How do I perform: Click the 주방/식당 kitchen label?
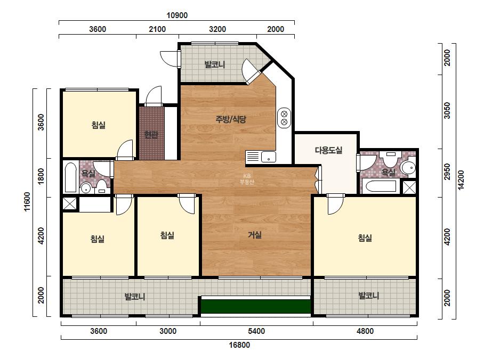click(x=231, y=119)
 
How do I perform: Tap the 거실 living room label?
click(x=254, y=234)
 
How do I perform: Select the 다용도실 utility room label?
click(x=328, y=150)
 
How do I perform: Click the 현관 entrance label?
click(x=151, y=135)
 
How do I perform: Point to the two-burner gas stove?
click(x=284, y=118)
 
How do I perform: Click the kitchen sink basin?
click(x=269, y=157)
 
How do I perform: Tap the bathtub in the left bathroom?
click(x=70, y=177)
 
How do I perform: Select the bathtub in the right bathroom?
click(x=381, y=186)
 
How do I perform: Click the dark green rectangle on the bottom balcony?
click(x=256, y=306)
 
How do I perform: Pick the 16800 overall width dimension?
click(x=239, y=345)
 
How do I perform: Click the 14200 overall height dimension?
click(x=461, y=179)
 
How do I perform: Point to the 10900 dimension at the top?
click(x=177, y=15)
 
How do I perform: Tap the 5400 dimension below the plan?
click(x=256, y=331)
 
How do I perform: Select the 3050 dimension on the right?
click(x=447, y=110)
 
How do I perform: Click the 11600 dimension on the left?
click(x=27, y=202)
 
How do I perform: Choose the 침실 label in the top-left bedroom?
click(x=99, y=125)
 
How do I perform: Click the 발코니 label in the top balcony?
click(x=215, y=64)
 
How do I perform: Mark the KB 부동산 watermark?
click(x=247, y=179)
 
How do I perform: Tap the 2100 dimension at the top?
click(x=157, y=29)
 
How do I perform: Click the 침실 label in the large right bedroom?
click(x=365, y=238)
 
